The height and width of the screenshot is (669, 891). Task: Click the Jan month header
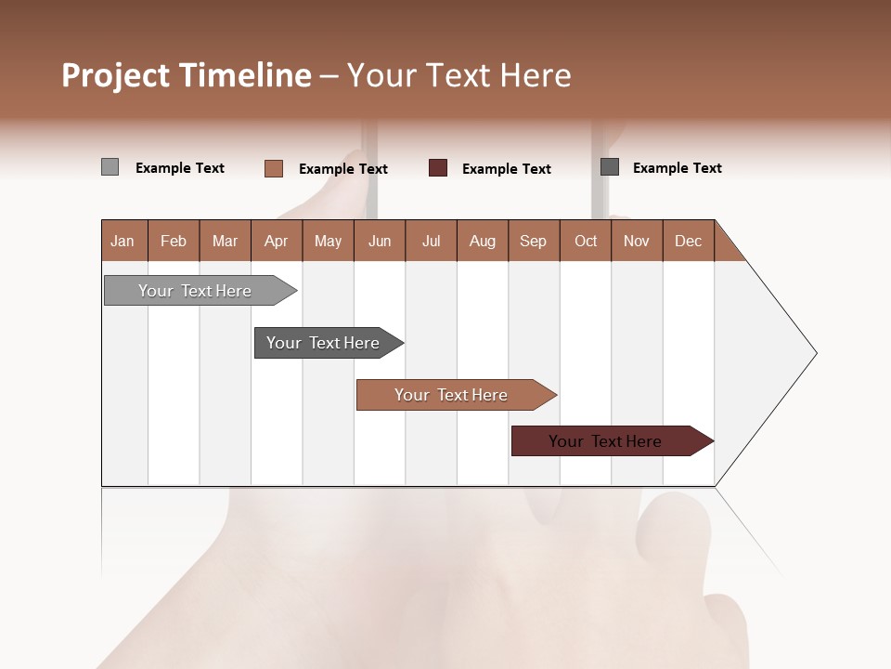point(123,241)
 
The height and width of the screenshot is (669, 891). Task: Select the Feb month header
point(174,241)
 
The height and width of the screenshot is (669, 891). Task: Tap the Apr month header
point(276,241)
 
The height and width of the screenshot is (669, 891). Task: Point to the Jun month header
point(380,241)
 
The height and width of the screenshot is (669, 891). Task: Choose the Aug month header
point(482,241)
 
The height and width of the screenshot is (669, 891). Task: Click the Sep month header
point(533,241)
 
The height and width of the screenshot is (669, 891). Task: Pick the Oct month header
point(586,241)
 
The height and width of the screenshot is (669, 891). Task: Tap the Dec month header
point(688,241)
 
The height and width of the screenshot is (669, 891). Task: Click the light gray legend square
point(110,167)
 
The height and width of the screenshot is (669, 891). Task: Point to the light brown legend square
point(273,168)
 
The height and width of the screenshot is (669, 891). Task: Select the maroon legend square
point(438,168)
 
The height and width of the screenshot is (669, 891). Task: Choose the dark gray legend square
point(610,167)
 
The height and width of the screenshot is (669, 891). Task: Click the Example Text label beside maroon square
point(506,169)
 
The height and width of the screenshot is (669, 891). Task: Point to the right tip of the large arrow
point(814,353)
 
